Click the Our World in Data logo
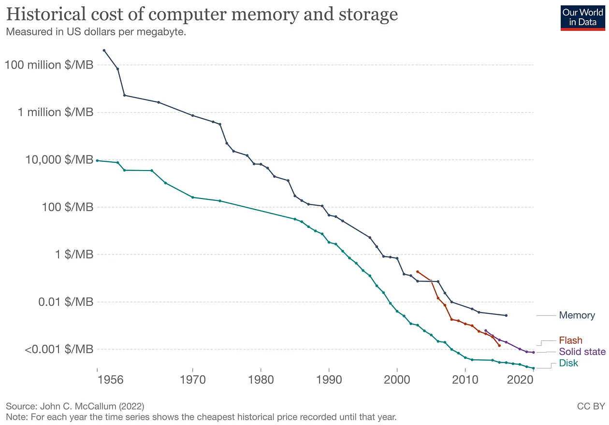581,17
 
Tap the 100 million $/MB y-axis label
49,65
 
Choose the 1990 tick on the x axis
329,380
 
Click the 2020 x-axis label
520,380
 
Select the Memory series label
577,315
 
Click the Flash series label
570,340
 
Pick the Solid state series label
582,352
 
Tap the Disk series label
568,363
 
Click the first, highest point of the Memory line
104,50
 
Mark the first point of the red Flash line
417,271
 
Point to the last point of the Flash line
499,345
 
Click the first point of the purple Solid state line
485,330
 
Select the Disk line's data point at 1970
192,197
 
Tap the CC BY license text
590,406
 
